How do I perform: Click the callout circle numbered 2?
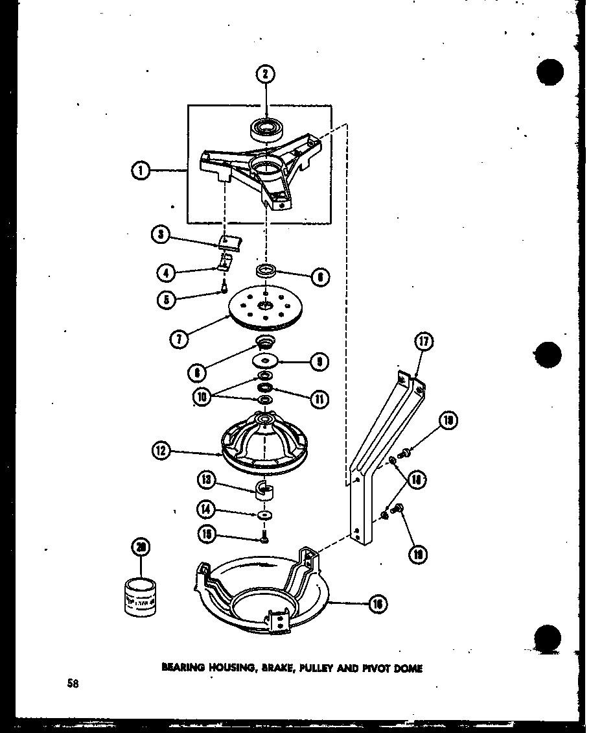point(264,75)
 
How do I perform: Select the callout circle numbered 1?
point(140,172)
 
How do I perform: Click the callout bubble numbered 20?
point(139,547)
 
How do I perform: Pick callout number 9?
point(318,361)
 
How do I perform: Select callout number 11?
point(318,399)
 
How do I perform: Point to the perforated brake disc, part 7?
point(264,311)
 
